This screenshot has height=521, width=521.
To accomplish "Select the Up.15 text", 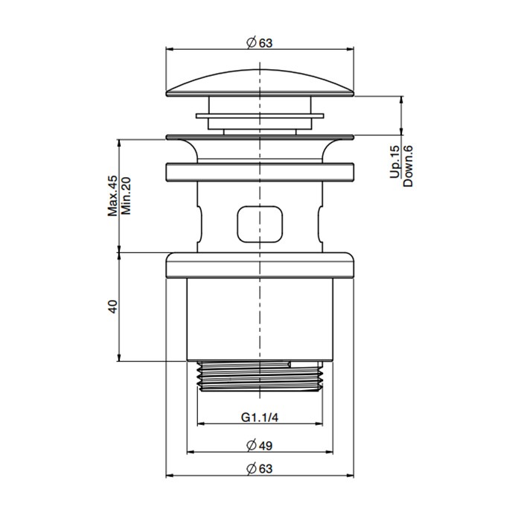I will click(x=394, y=161).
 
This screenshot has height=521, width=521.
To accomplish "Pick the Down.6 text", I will click(x=407, y=164).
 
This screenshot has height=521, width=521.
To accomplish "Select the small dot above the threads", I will click(x=287, y=364).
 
